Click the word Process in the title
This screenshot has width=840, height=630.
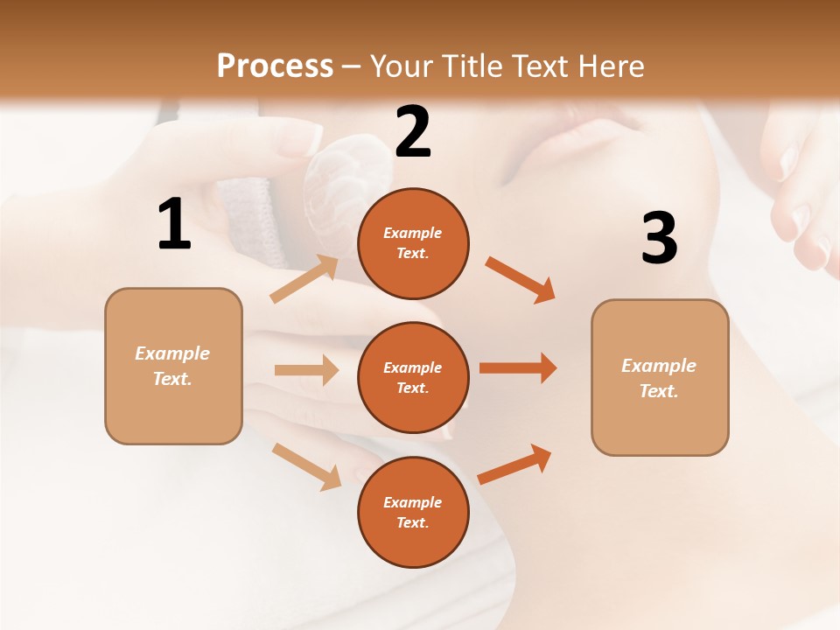pos(275,66)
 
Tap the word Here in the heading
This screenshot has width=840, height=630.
pos(610,66)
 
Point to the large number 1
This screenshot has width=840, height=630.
pos(174,225)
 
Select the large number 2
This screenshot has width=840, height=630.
pos(413,132)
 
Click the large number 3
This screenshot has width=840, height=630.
pos(659,238)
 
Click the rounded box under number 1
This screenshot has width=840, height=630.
pos(173,366)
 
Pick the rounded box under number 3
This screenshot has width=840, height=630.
pos(660,377)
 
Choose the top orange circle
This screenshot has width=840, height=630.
pos(413,243)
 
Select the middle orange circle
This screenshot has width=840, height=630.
pos(413,377)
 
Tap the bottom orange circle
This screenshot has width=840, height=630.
pos(413,512)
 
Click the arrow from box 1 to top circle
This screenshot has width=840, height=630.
pos(304,279)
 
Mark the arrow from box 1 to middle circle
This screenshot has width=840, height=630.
pos(306,370)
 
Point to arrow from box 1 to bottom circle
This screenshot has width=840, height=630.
pos(306,466)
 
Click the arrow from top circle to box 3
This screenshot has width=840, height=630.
pos(520,279)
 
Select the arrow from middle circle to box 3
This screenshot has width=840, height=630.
pos(517,368)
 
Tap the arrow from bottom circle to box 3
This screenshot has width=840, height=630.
pos(514,465)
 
